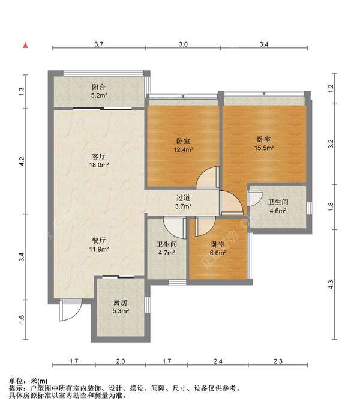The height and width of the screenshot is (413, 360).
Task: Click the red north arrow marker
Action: (x=26, y=45)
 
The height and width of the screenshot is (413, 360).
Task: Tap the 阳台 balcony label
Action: (x=99, y=87)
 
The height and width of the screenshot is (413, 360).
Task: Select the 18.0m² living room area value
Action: (x=99, y=165)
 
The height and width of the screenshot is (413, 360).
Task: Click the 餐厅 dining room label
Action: (x=99, y=241)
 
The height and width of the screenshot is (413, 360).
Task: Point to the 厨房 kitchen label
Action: (x=121, y=303)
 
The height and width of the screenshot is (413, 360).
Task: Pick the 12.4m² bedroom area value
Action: (x=183, y=150)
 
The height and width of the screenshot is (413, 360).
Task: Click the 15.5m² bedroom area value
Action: (x=264, y=148)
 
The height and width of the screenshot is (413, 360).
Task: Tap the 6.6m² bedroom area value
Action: (x=218, y=253)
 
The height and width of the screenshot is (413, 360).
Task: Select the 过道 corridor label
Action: (x=183, y=198)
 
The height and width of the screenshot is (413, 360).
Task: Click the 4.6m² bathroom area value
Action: (x=278, y=211)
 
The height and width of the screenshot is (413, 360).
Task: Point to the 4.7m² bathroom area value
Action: (x=167, y=253)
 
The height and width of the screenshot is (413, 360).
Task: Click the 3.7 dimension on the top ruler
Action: (x=99, y=44)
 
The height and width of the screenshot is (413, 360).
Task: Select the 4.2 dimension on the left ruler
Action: (x=22, y=161)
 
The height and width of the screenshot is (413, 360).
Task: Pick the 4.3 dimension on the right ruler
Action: (x=331, y=285)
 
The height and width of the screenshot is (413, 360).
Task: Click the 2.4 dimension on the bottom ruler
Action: (x=218, y=361)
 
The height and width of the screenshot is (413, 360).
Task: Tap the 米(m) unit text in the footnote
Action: (x=39, y=381)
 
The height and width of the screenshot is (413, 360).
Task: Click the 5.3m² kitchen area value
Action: (x=121, y=311)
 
